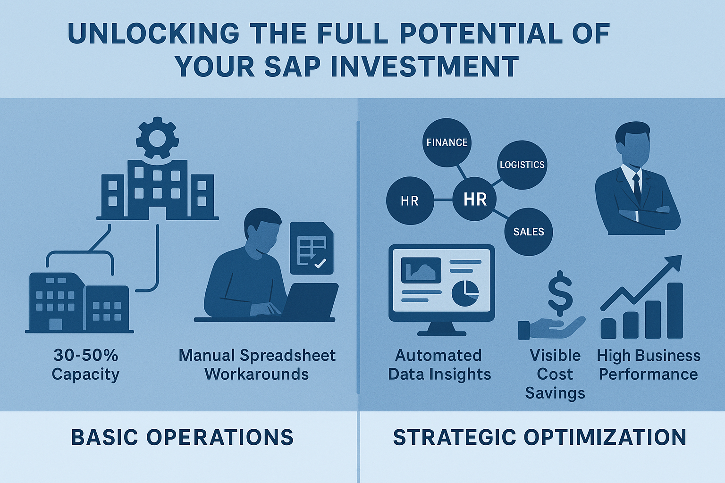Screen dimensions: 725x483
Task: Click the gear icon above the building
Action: tap(157, 138)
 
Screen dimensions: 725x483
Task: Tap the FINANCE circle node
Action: tap(447, 142)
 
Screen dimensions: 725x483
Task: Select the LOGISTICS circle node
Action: tap(522, 165)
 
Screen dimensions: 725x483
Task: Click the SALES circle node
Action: tap(529, 232)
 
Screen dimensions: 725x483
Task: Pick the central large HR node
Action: tap(474, 199)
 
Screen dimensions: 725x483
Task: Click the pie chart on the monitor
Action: tap(465, 293)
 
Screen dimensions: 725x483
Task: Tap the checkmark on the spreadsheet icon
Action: tap(320, 263)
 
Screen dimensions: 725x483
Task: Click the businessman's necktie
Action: tap(637, 188)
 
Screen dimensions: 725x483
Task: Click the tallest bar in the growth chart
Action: tap(675, 310)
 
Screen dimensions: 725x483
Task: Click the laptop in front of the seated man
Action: tap(310, 300)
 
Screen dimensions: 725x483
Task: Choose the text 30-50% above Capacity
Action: tap(86, 355)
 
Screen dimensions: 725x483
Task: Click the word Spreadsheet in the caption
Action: tap(288, 356)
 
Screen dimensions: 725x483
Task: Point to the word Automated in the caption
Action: tap(438, 355)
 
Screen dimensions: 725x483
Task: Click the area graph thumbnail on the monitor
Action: tap(421, 270)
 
